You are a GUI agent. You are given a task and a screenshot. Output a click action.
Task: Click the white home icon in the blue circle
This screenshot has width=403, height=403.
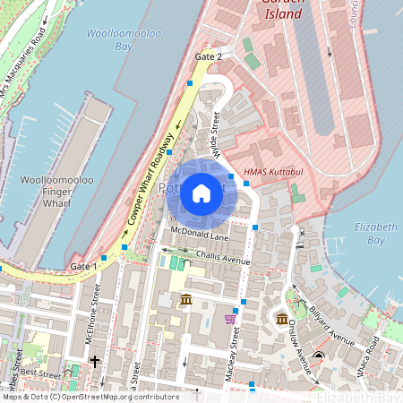pos(201,193)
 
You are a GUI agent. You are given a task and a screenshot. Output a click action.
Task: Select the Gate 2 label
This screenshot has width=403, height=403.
pos(207,56)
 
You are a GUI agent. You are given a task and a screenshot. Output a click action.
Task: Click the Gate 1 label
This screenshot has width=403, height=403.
pos(81,267)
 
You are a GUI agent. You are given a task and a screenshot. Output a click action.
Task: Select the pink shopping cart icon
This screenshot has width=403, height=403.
pos(230,318)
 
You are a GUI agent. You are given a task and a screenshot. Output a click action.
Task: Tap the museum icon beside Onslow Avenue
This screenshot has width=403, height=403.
pos(281,319)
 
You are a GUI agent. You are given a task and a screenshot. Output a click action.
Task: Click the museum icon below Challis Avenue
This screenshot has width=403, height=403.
pos(185,298)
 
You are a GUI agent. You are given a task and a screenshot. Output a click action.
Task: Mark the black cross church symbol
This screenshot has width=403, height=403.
pos(95,362)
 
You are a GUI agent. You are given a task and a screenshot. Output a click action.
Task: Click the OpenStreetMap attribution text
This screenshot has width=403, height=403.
pos(90,397)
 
